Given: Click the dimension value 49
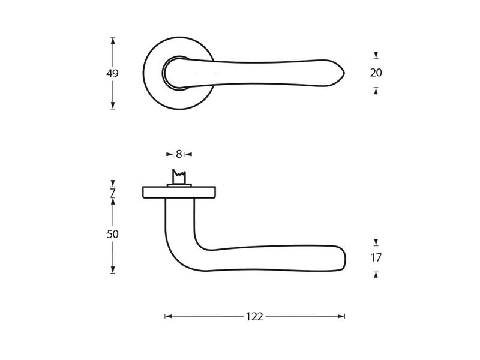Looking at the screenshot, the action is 112,73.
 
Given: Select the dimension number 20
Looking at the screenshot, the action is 376,73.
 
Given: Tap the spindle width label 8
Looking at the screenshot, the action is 179,154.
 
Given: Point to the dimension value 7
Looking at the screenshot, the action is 113,193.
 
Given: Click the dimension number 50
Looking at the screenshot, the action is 113,234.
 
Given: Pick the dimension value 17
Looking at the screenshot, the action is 376,258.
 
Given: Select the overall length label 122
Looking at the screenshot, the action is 254,317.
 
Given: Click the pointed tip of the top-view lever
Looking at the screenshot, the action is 344,73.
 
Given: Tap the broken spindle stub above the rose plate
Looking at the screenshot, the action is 179,177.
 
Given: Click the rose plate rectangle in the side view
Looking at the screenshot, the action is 179,192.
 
